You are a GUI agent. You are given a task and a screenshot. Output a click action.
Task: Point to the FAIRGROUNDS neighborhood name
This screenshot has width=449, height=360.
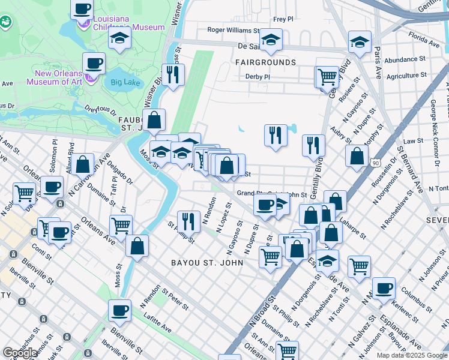click(265, 62)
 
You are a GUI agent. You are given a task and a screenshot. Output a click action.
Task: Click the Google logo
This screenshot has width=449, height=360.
click(20, 353)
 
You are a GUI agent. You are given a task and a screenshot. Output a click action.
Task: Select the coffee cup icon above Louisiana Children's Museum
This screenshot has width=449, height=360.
click(82, 10)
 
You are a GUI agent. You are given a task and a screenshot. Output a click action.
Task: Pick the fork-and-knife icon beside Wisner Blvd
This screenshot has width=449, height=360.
click(173, 74)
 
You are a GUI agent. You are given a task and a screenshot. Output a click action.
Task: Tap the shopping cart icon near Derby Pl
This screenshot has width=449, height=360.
click(327, 76)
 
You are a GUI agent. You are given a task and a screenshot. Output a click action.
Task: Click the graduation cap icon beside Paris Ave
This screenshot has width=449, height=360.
click(359, 42)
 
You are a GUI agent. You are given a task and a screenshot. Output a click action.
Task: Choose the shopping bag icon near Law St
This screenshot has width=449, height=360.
click(357, 156)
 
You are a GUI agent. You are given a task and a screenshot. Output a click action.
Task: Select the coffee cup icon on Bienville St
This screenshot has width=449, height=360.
click(119, 310)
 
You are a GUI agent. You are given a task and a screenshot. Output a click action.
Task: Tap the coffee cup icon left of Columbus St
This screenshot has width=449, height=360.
click(384, 287)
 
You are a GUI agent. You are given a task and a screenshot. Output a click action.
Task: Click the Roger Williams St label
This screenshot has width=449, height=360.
click(233, 29)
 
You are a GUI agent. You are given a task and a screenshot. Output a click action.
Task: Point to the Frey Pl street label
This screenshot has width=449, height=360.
click(283, 19)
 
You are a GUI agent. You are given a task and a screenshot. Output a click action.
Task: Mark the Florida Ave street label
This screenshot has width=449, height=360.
click(424, 43)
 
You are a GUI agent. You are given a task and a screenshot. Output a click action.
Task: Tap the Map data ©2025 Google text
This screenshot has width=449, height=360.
click(412, 355)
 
